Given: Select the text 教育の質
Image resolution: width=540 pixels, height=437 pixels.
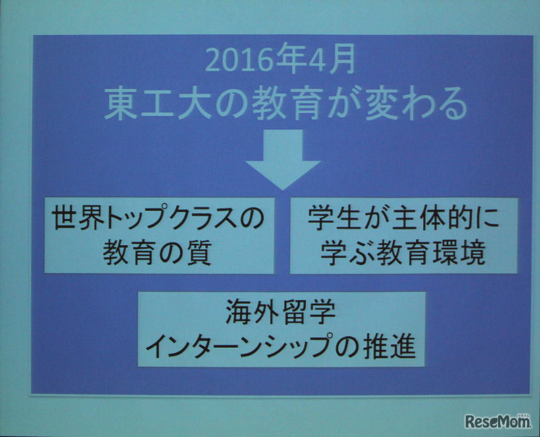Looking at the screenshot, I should point(157,253).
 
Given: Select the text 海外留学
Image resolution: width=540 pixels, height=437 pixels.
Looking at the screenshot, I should point(280,315).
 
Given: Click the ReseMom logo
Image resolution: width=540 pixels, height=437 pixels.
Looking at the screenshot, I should point(497,421).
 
